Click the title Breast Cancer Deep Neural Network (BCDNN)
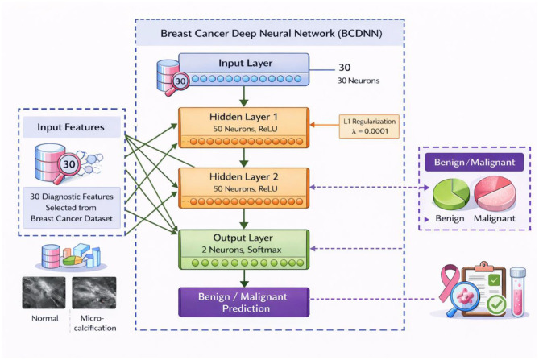pyautogui.click(x=272, y=34)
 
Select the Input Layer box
pyautogui.click(x=244, y=69)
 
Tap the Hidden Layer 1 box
pyautogui.click(x=244, y=127)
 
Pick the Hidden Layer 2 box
pyautogui.click(x=244, y=188)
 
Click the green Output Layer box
pyautogui.click(x=244, y=250)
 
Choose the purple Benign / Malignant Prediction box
pyautogui.click(x=244, y=302)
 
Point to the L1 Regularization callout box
pyautogui.click(x=369, y=126)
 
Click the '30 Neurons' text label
pyautogui.click(x=359, y=81)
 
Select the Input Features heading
pyautogui.click(x=71, y=127)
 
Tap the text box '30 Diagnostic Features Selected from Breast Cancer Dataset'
pyautogui.click(x=72, y=208)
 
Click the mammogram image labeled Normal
pyautogui.click(x=44, y=292)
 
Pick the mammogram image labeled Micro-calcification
pyautogui.click(x=94, y=292)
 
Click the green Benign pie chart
pyautogui.click(x=451, y=194)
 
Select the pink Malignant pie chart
pyautogui.click(x=495, y=193)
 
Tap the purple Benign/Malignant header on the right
pyautogui.click(x=475, y=162)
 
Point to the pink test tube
pyautogui.click(x=518, y=292)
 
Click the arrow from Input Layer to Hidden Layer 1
pyautogui.click(x=244, y=97)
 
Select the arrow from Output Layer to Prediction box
pyautogui.click(x=244, y=279)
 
